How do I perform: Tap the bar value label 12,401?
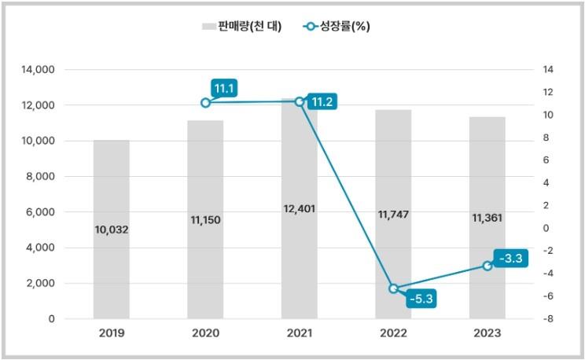(x=299, y=210)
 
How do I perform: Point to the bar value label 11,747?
(x=393, y=214)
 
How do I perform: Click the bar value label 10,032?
(x=111, y=230)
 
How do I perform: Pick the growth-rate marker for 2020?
(x=205, y=103)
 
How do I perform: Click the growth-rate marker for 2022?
(x=393, y=288)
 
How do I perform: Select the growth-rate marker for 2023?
(x=487, y=266)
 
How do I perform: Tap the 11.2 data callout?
(x=322, y=102)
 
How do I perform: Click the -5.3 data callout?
(x=421, y=299)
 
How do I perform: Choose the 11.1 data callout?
(x=224, y=87)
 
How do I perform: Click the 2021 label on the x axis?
(x=299, y=333)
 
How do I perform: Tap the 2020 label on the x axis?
(x=205, y=333)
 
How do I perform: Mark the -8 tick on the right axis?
(x=548, y=319)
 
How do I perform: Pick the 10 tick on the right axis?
(x=548, y=115)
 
